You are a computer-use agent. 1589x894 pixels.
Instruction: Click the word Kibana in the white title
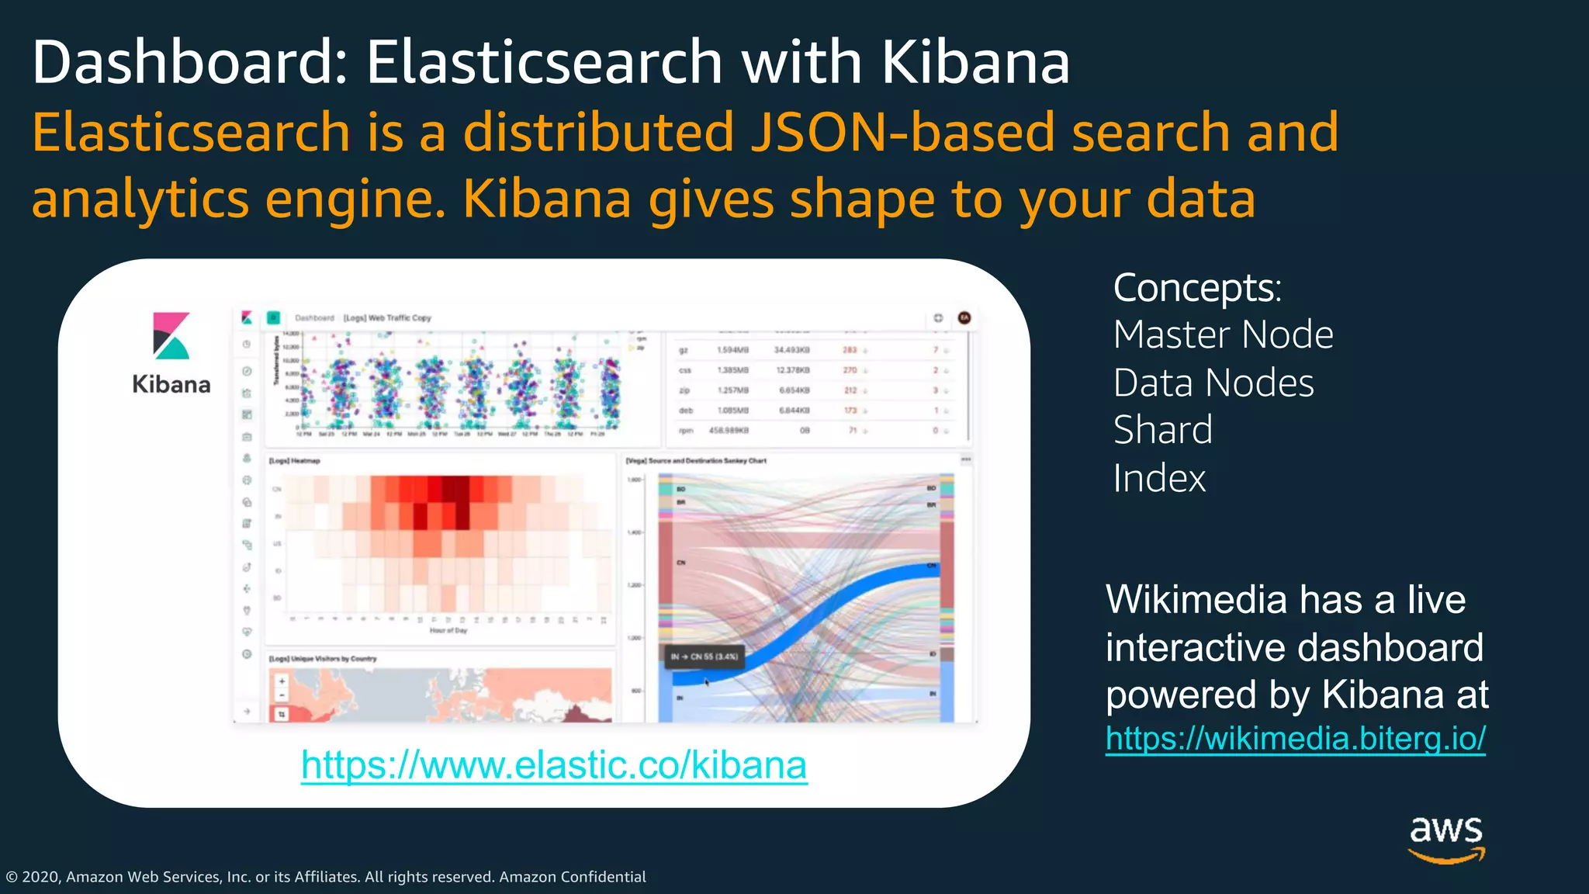[x=975, y=62]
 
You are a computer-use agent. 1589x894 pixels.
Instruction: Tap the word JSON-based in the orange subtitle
[x=902, y=132]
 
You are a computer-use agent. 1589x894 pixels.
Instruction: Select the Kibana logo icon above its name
[x=171, y=335]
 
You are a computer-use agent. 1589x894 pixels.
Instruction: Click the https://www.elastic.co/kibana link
[x=553, y=765]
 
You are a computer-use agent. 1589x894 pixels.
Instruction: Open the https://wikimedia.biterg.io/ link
[x=1295, y=738]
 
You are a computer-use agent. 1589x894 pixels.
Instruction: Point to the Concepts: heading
[x=1197, y=288]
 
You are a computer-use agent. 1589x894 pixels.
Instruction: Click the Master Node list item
[x=1223, y=335]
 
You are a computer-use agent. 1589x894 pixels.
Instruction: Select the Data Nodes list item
[x=1213, y=383]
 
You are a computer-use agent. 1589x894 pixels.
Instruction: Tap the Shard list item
[x=1162, y=431]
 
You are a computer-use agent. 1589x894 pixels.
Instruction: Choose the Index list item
[x=1159, y=479]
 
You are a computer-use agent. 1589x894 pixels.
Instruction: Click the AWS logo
[x=1446, y=838]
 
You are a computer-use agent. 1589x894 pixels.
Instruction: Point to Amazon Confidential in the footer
[x=572, y=877]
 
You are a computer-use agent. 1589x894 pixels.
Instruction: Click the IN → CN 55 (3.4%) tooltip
[x=704, y=657]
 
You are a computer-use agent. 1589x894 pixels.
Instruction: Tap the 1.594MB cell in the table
[x=732, y=350]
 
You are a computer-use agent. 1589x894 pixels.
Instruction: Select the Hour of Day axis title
[x=448, y=631]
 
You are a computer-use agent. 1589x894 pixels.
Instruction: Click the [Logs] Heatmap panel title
[x=295, y=461]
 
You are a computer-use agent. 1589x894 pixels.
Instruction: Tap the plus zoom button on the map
[x=282, y=681]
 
